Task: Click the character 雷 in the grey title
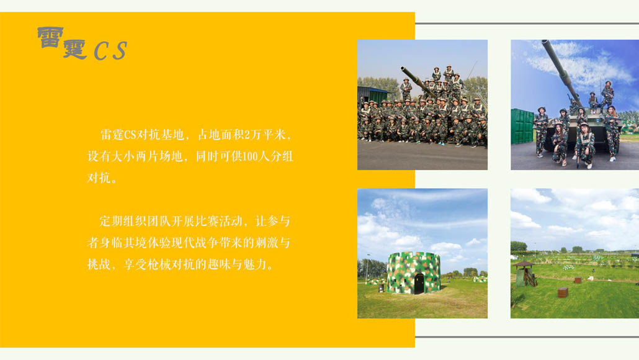(50, 37)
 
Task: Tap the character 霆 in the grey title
(75, 49)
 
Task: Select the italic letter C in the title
(101, 52)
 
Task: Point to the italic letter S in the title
(120, 50)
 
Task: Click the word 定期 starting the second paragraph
(111, 222)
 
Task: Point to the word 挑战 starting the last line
(99, 264)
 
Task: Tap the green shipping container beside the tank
(522, 126)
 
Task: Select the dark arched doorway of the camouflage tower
(419, 284)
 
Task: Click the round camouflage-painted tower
(413, 272)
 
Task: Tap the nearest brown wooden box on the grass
(563, 292)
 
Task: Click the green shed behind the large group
(372, 96)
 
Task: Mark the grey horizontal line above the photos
(527, 24)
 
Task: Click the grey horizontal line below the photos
(527, 337)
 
